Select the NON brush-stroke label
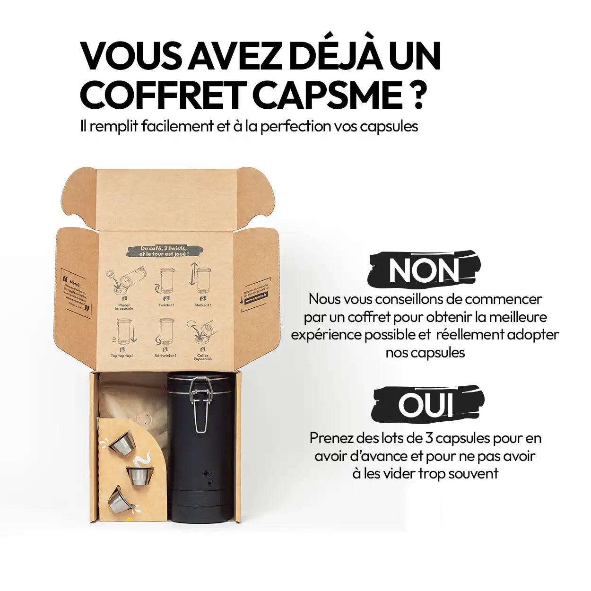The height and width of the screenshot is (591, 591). (424, 270)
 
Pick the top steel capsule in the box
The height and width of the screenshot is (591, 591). (122, 442)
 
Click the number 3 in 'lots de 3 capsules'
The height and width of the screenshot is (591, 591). (429, 438)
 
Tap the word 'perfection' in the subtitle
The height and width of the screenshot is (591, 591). (295, 126)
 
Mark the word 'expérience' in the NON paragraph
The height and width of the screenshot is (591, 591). (326, 335)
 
